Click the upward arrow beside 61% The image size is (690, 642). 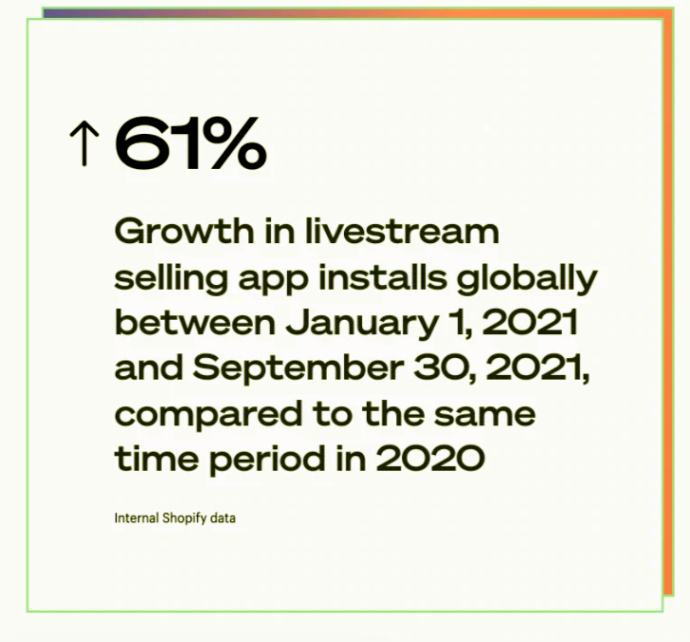click(85, 144)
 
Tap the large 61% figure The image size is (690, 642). click(190, 142)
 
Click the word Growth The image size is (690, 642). click(184, 231)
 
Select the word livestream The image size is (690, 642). click(402, 231)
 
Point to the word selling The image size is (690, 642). click(171, 279)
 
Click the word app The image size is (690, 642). click(274, 281)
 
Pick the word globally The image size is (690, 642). click(527, 279)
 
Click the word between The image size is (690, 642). click(195, 322)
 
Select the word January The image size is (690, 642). click(362, 325)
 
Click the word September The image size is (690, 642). click(297, 369)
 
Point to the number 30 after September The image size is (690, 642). click(444, 368)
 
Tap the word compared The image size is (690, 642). click(208, 415)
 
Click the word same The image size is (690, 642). click(485, 416)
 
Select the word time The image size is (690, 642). click(157, 458)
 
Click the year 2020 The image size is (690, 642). click(431, 458)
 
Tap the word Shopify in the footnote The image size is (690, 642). click(184, 519)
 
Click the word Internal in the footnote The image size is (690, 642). click(137, 518)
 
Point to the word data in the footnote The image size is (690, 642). click(222, 518)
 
